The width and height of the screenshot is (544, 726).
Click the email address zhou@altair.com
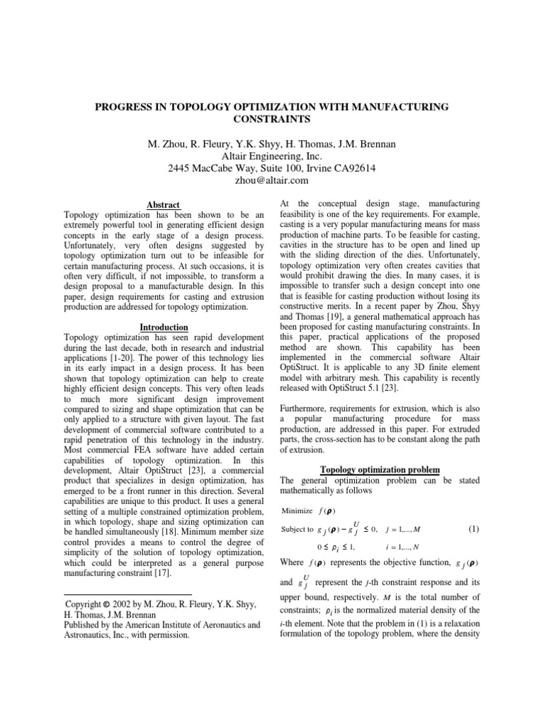271,181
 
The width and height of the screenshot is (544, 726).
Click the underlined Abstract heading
163,204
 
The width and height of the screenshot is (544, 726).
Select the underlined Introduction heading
163,327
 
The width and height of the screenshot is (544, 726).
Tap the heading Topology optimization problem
380,470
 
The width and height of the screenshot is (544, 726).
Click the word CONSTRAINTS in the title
271,119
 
